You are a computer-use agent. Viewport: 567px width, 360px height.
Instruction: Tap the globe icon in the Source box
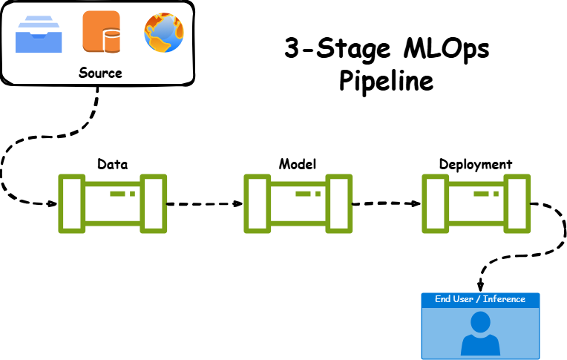(x=163, y=32)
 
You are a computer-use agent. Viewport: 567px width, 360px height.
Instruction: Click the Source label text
(x=99, y=73)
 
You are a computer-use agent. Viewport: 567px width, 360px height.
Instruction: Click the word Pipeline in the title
(x=386, y=80)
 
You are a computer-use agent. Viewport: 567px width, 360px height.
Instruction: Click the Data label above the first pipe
(x=113, y=163)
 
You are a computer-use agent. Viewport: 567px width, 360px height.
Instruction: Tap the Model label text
(x=298, y=163)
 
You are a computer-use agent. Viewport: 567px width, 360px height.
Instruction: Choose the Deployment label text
(x=475, y=163)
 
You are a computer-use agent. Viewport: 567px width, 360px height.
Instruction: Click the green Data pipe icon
(x=113, y=203)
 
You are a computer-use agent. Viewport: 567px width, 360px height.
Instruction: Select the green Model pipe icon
(x=298, y=203)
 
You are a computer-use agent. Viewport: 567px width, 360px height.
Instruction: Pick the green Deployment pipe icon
(x=476, y=203)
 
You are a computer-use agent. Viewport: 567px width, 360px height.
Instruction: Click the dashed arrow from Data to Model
(x=205, y=203)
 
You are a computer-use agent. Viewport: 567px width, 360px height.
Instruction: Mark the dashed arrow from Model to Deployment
(x=386, y=203)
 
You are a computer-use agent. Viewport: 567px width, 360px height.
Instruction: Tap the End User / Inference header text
(x=479, y=299)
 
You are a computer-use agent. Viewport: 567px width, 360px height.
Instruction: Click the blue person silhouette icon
(x=479, y=333)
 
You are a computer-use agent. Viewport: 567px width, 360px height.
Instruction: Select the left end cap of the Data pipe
(x=71, y=203)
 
